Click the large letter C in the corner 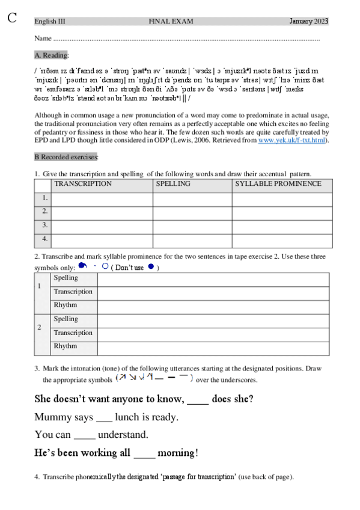pos(12,17)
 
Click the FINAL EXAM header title pos(171,22)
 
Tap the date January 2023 pos(308,22)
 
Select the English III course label pos(50,22)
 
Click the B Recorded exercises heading pos(66,156)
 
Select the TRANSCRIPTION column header pos(83,184)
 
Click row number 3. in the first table pos(44,226)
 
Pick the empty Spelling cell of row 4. pos(192,239)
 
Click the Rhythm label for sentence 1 pos(66,305)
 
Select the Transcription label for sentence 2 pos(73,333)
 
